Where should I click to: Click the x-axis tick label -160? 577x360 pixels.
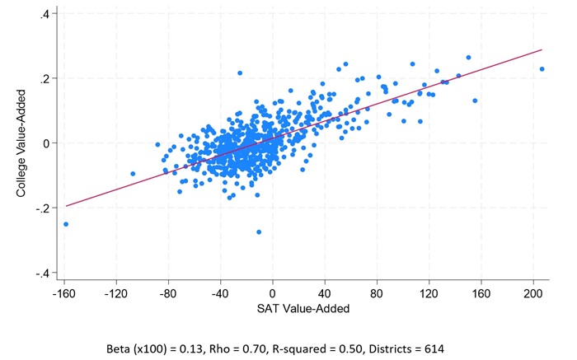64,294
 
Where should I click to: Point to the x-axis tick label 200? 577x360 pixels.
533,294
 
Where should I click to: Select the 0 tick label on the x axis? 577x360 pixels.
272,294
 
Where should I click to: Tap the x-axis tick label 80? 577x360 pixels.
377,294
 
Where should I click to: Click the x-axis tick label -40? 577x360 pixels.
220,294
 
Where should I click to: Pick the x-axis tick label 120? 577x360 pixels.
429,294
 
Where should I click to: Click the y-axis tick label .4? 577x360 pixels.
45,14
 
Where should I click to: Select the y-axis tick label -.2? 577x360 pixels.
43,208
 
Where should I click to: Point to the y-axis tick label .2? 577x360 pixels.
45,78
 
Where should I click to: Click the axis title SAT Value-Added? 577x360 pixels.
303,308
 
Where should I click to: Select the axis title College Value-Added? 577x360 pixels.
21,143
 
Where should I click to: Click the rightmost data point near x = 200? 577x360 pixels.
542,69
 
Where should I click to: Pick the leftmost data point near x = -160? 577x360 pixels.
66,224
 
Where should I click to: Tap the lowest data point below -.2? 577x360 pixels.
259,232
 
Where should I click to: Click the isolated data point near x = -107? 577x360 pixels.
133,174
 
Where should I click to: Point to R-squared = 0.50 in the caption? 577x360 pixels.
317,348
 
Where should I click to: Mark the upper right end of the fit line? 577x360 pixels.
542,49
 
